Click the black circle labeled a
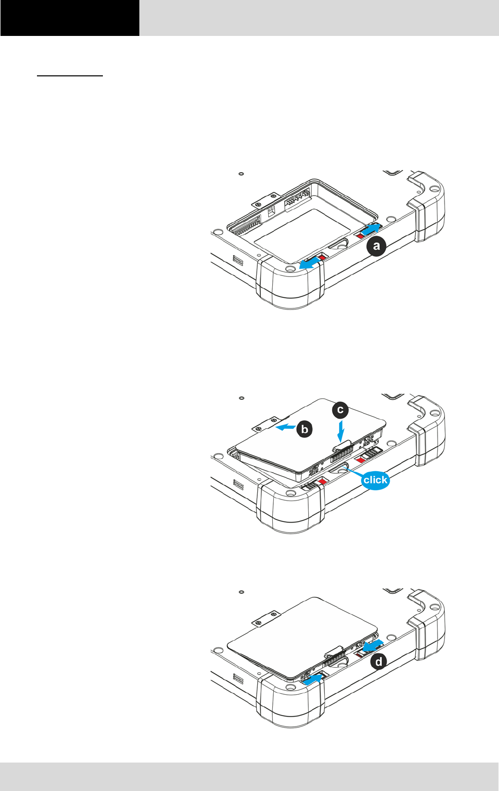377,246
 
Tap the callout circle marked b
304,429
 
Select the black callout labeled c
340,410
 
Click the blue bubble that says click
375,480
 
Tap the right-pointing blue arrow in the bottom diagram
313,679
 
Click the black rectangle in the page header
70,18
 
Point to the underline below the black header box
70,76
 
